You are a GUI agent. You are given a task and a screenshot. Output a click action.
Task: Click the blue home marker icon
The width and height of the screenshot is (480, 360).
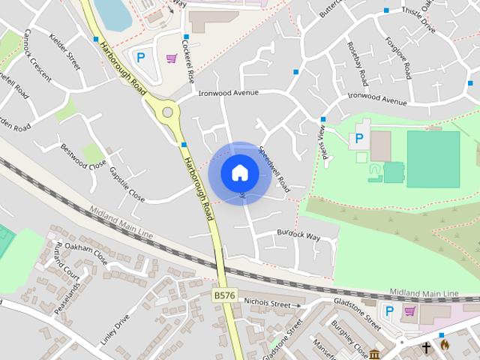tap(239, 173)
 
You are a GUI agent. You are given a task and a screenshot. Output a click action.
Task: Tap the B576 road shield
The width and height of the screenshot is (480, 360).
tap(224, 296)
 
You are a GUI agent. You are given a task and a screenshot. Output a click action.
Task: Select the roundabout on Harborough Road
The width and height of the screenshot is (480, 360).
tap(168, 113)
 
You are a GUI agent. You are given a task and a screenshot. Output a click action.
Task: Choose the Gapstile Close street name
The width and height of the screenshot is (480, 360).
tap(126, 182)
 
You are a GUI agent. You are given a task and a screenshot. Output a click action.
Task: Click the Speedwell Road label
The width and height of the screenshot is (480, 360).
tap(274, 166)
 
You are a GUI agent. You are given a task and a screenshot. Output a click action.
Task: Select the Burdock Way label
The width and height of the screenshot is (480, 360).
tap(298, 235)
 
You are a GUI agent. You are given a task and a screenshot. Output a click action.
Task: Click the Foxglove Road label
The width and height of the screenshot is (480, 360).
tap(398, 56)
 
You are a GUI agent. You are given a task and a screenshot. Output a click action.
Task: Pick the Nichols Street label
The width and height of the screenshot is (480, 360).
tap(266, 304)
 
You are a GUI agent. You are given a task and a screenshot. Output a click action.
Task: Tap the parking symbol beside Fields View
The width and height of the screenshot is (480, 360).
tap(358, 138)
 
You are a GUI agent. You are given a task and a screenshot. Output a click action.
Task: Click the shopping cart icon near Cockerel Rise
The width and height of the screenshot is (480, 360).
tap(172, 57)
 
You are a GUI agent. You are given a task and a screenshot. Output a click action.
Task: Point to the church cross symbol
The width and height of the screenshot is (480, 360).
tap(426, 347)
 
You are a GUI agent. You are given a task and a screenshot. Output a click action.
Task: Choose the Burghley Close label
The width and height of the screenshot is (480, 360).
tap(350, 340)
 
